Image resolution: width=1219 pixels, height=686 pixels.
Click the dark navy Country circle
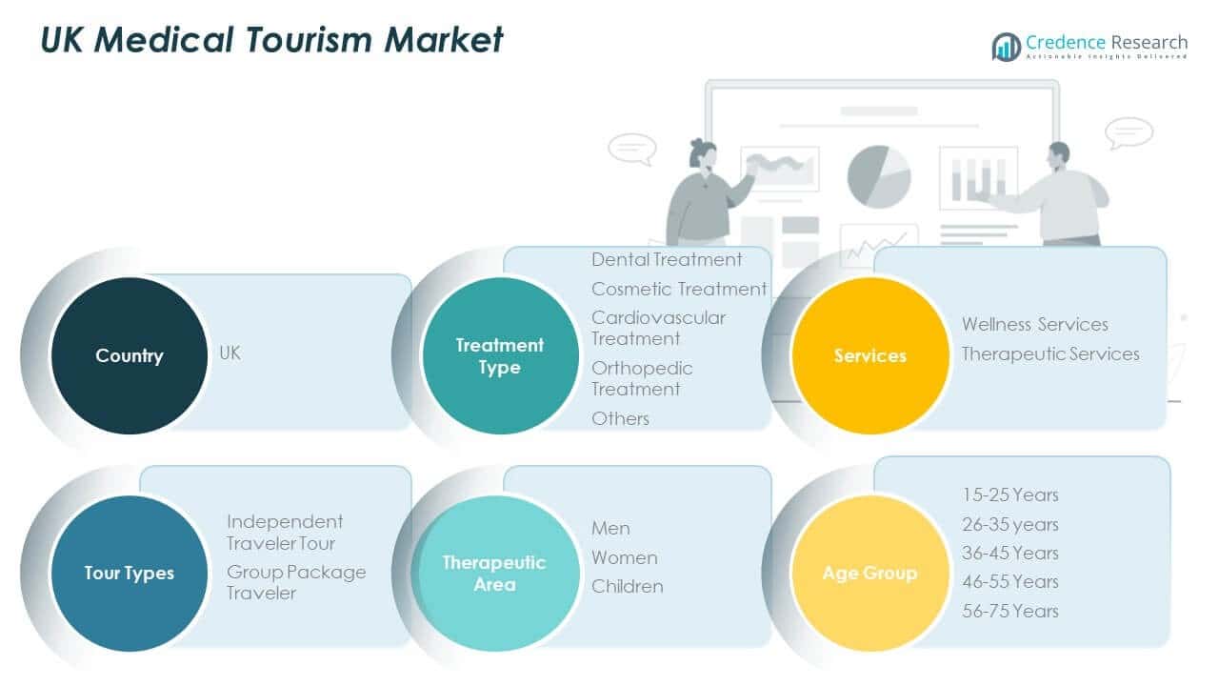(x=129, y=355)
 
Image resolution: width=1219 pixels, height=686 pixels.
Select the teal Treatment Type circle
(x=500, y=355)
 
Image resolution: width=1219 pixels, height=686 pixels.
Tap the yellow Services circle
(x=870, y=355)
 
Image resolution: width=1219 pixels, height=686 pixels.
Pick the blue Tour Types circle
(x=129, y=574)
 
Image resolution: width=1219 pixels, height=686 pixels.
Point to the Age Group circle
(x=870, y=574)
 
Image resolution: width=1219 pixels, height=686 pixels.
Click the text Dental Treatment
(x=667, y=259)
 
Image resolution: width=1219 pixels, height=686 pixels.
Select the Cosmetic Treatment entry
(x=679, y=289)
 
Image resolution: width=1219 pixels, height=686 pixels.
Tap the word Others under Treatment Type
(x=620, y=418)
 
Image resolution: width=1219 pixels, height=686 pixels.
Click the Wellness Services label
(x=1035, y=324)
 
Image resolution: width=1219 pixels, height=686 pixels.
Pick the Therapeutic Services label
(x=1050, y=353)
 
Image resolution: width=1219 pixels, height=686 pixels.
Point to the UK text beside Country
(x=230, y=353)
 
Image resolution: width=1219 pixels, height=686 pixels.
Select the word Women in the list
(x=625, y=557)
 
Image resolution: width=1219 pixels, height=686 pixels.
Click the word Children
(x=628, y=586)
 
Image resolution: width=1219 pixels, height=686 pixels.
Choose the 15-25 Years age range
(x=1010, y=494)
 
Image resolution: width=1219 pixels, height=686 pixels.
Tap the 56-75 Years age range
(x=1010, y=611)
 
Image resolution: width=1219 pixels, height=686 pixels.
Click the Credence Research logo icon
(x=1006, y=46)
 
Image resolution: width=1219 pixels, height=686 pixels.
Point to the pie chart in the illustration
(x=879, y=176)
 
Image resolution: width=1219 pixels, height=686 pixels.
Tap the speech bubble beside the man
(x=1129, y=132)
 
